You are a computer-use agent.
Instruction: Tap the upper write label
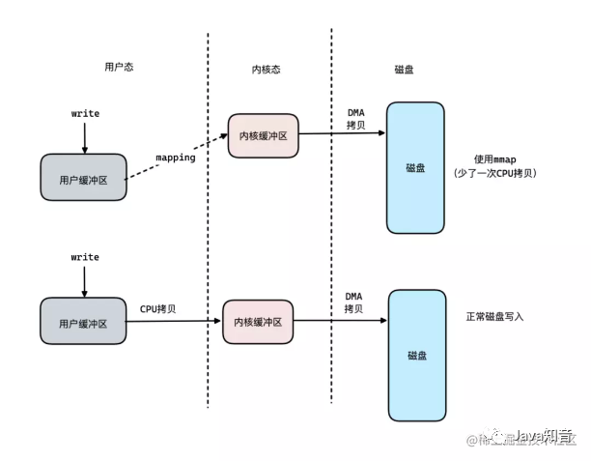pos(85,114)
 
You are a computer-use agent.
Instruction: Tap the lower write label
pos(85,259)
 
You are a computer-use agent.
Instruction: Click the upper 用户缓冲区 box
pos(84,178)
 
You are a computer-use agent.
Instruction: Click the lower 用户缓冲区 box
pos(84,322)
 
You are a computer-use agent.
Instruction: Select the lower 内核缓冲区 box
pos(258,322)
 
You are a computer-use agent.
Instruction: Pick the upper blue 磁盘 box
pos(416,167)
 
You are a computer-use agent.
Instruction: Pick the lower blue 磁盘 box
pos(417,354)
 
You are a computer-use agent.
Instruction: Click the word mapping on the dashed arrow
pos(176,156)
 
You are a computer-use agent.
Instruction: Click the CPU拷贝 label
pos(162,309)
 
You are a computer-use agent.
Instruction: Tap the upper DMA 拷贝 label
pos(355,118)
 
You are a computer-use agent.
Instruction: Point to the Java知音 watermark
pos(541,437)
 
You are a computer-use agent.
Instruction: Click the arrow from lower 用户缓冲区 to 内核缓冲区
pos(174,322)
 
